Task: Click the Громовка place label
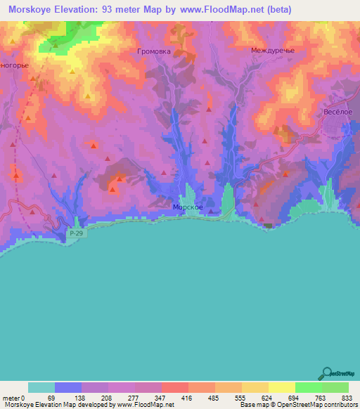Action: point(154,51)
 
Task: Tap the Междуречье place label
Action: point(272,51)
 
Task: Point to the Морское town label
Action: point(188,207)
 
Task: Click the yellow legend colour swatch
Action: point(281,387)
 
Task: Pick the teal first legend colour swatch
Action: point(41,387)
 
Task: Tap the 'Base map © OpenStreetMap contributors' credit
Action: point(297,405)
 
